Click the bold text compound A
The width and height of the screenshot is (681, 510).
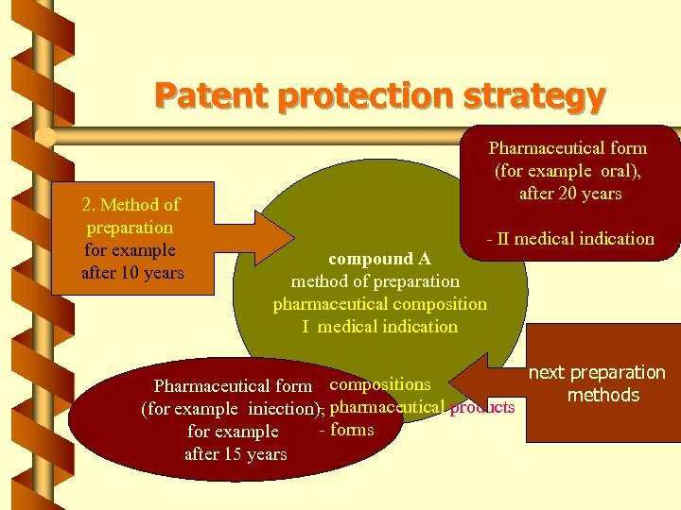(379, 259)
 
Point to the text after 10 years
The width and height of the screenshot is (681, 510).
(131, 273)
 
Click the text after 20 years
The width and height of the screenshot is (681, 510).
(570, 194)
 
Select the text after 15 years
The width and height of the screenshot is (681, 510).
(236, 454)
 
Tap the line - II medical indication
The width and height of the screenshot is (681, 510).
(570, 239)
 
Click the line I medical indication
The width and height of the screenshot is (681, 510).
(379, 327)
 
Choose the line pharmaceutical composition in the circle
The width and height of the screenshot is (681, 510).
(379, 304)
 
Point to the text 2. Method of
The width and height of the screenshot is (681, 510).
(131, 204)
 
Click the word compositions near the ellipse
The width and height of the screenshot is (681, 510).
(379, 384)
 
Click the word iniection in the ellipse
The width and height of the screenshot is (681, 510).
(281, 409)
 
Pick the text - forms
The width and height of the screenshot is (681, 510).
(347, 430)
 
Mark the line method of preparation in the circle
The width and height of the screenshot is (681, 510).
(375, 281)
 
